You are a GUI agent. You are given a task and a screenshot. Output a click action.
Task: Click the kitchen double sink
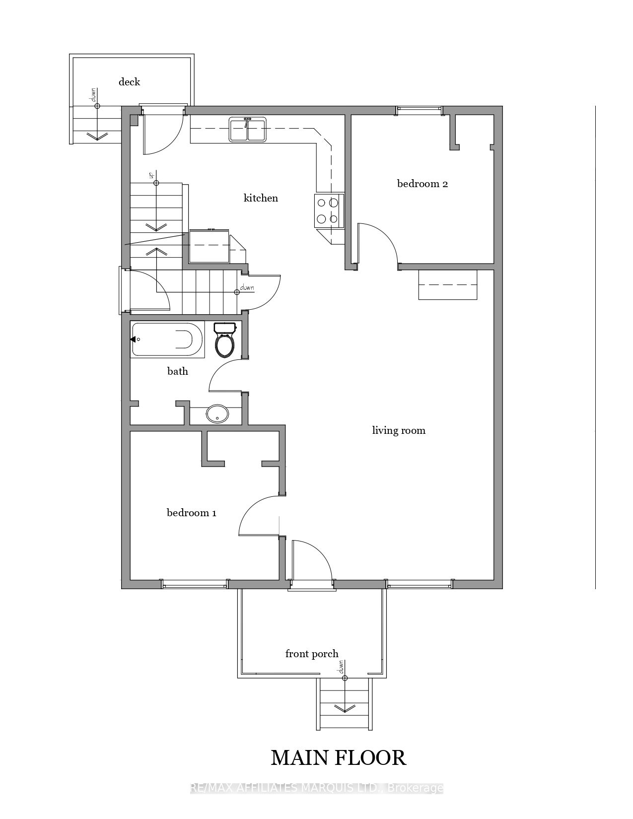[248, 129]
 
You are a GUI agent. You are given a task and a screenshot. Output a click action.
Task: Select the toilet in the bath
[224, 340]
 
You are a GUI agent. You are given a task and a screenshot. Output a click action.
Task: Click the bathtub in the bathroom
[167, 340]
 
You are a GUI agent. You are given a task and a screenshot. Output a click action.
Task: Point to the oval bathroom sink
[217, 414]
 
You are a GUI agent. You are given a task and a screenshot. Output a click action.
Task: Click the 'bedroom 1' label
[192, 513]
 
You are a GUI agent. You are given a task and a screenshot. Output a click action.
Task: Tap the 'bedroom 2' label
[422, 184]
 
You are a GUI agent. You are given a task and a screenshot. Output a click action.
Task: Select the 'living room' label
[399, 430]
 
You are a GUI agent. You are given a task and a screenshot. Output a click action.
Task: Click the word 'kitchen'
[261, 198]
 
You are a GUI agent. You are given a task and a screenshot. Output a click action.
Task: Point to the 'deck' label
[129, 82]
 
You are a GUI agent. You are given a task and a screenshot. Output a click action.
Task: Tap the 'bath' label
[178, 371]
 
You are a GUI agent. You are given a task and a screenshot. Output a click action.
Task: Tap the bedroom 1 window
[194, 584]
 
